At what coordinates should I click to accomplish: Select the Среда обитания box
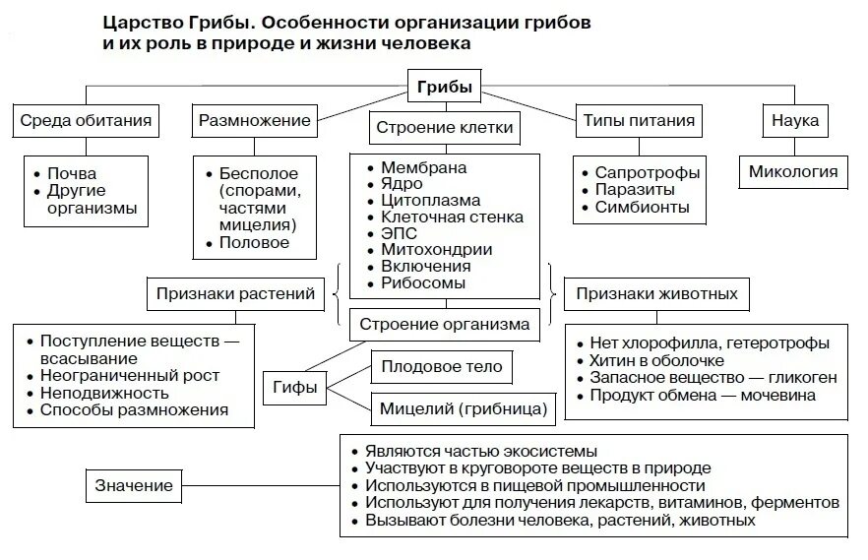(x=86, y=121)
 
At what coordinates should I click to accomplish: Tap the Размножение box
(x=255, y=121)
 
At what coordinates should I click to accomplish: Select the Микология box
(x=793, y=171)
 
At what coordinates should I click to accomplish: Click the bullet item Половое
(x=254, y=242)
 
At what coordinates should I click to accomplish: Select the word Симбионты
(x=642, y=208)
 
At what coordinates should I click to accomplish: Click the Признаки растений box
(x=235, y=292)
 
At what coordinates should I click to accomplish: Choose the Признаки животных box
(x=656, y=293)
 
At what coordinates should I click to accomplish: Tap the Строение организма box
(x=444, y=323)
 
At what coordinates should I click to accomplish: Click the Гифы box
(x=295, y=387)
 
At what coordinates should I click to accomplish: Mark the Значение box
(x=134, y=485)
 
